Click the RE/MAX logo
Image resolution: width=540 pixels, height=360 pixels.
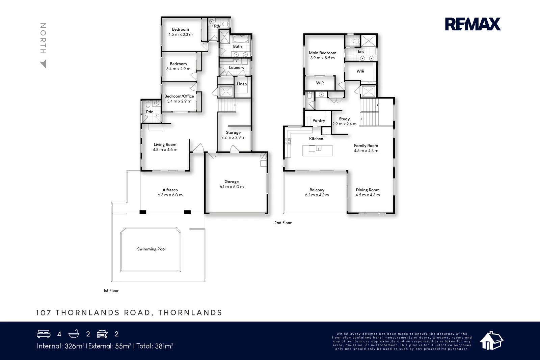473,24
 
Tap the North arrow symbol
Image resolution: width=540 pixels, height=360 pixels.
43,64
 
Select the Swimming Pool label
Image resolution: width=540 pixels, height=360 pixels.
151,249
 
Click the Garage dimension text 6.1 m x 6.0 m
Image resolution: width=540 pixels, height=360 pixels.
232,187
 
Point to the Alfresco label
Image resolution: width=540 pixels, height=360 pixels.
170,190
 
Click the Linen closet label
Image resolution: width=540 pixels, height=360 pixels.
242,84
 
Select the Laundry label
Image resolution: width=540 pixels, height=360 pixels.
237,67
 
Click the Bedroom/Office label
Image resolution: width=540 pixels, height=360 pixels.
179,96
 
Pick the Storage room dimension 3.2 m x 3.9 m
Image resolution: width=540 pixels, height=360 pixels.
233,137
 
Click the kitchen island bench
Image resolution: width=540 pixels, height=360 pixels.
317,150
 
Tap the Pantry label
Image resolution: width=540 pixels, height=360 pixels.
319,120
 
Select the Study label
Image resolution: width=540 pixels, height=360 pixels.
344,119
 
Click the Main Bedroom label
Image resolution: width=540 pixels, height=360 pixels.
322,53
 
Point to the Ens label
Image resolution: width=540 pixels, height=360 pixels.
361,52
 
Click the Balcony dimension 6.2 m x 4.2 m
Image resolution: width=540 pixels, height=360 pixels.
317,195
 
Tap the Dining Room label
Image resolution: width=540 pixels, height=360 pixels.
368,190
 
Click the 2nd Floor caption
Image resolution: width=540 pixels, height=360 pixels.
283,223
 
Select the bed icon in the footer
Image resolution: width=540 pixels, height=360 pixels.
44,334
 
